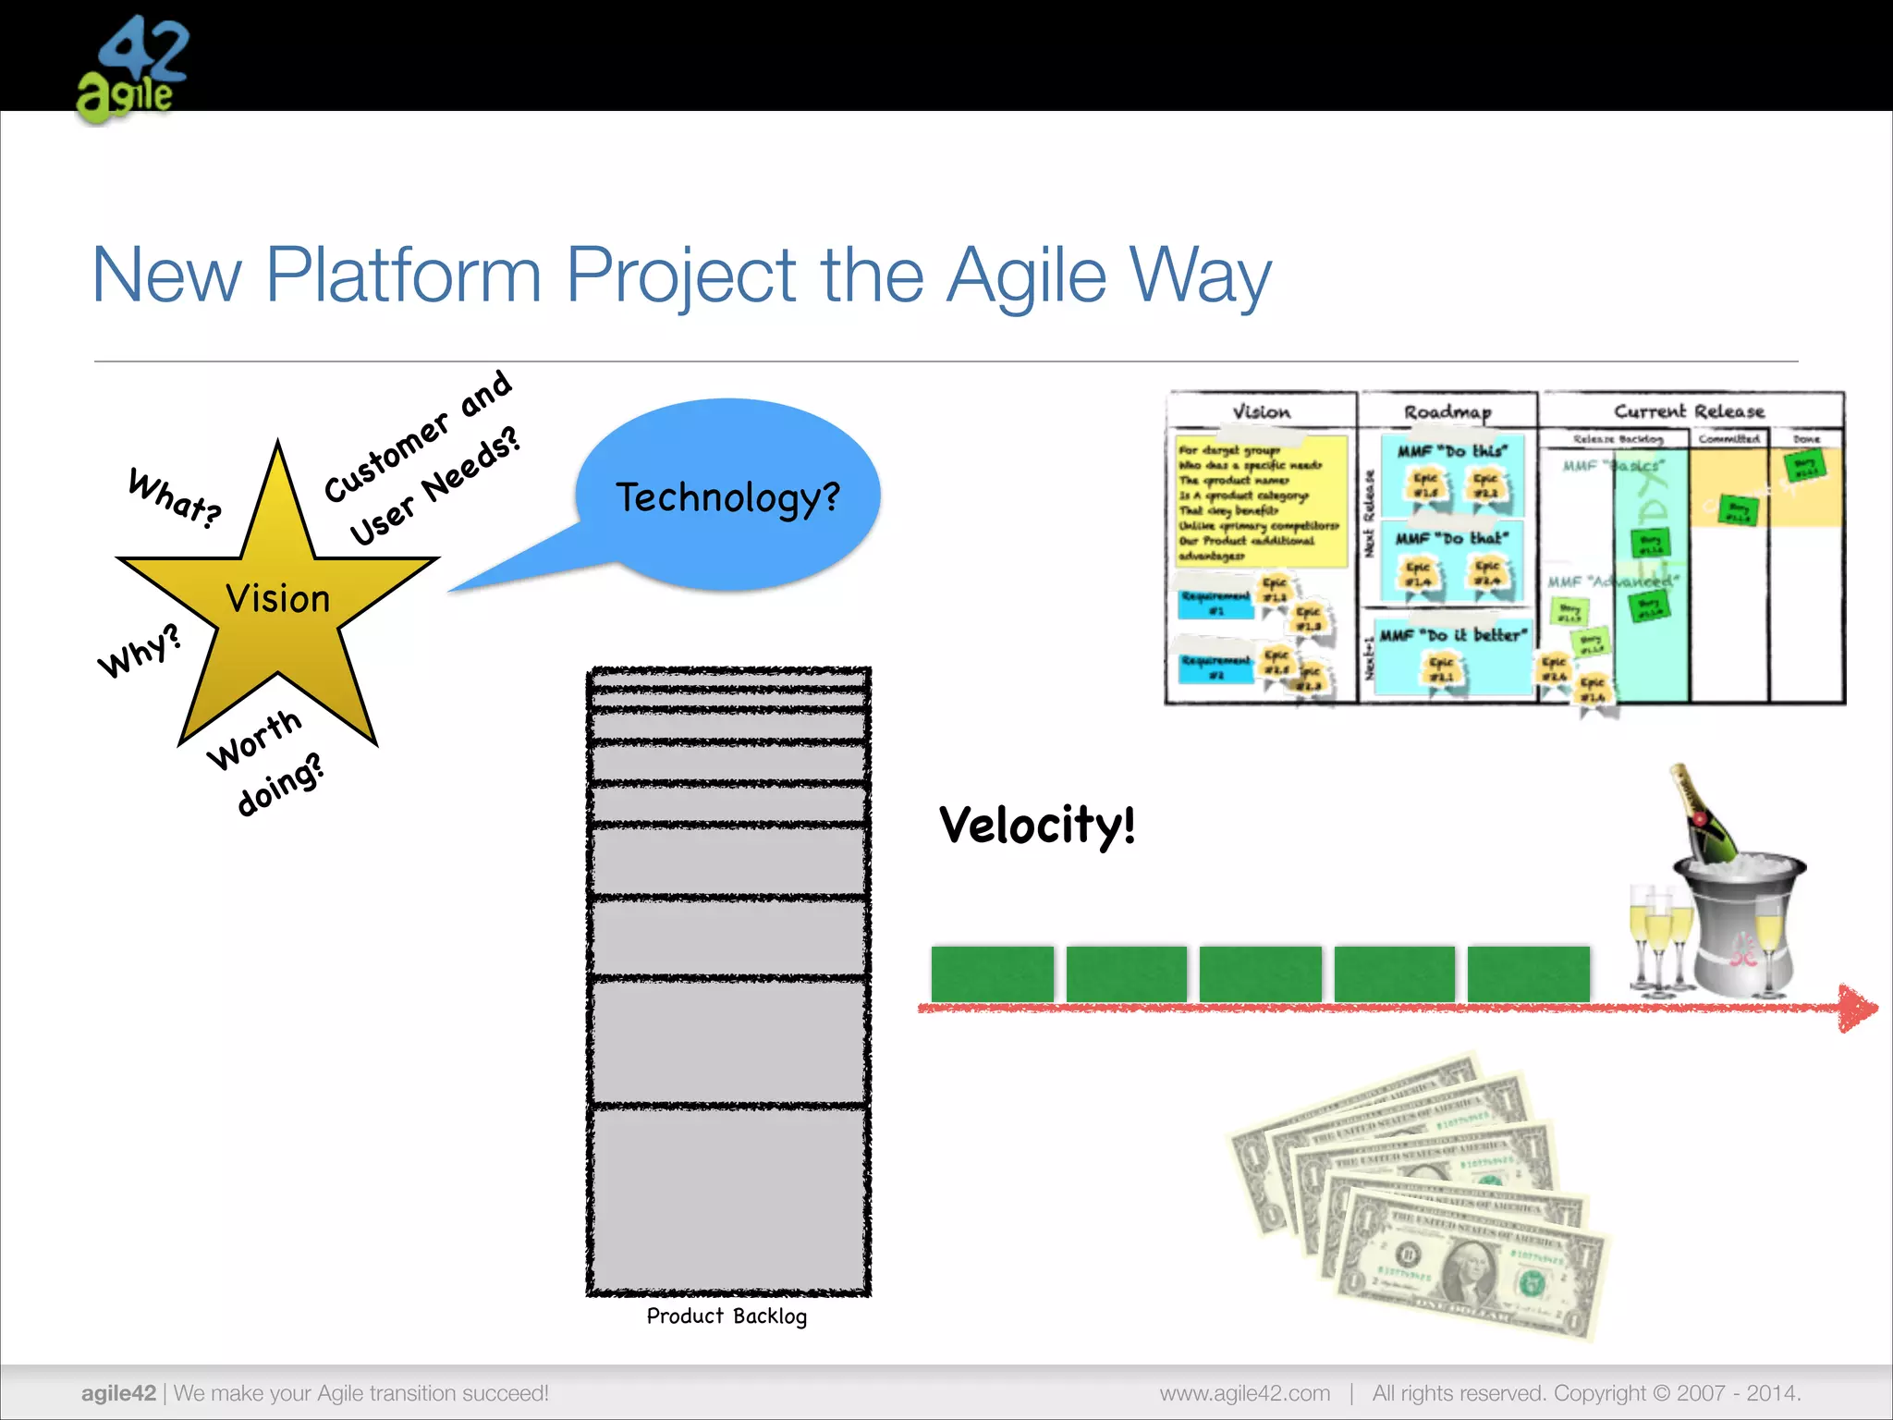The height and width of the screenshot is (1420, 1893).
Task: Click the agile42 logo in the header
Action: [x=132, y=69]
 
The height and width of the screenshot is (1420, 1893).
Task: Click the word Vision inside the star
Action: [x=277, y=599]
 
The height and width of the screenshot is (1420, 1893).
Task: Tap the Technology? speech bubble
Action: [x=727, y=496]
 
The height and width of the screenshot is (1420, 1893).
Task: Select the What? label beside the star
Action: [x=175, y=498]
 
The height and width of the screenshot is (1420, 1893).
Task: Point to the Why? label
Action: [x=140, y=651]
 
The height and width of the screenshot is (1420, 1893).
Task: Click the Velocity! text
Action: [x=1037, y=825]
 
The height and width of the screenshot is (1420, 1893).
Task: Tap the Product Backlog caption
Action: [x=727, y=1316]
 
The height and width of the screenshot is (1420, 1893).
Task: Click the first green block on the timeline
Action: [x=992, y=973]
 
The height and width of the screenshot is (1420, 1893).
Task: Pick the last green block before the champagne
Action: [x=1528, y=973]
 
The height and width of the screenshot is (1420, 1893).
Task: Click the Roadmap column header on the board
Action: [x=1447, y=411]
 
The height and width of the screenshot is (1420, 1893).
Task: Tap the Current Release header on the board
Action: [x=1689, y=410]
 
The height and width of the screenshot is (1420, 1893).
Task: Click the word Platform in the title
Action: [x=403, y=275]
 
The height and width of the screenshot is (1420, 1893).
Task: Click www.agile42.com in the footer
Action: [x=1244, y=1393]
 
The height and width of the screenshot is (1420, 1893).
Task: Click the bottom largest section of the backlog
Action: [x=728, y=1199]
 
